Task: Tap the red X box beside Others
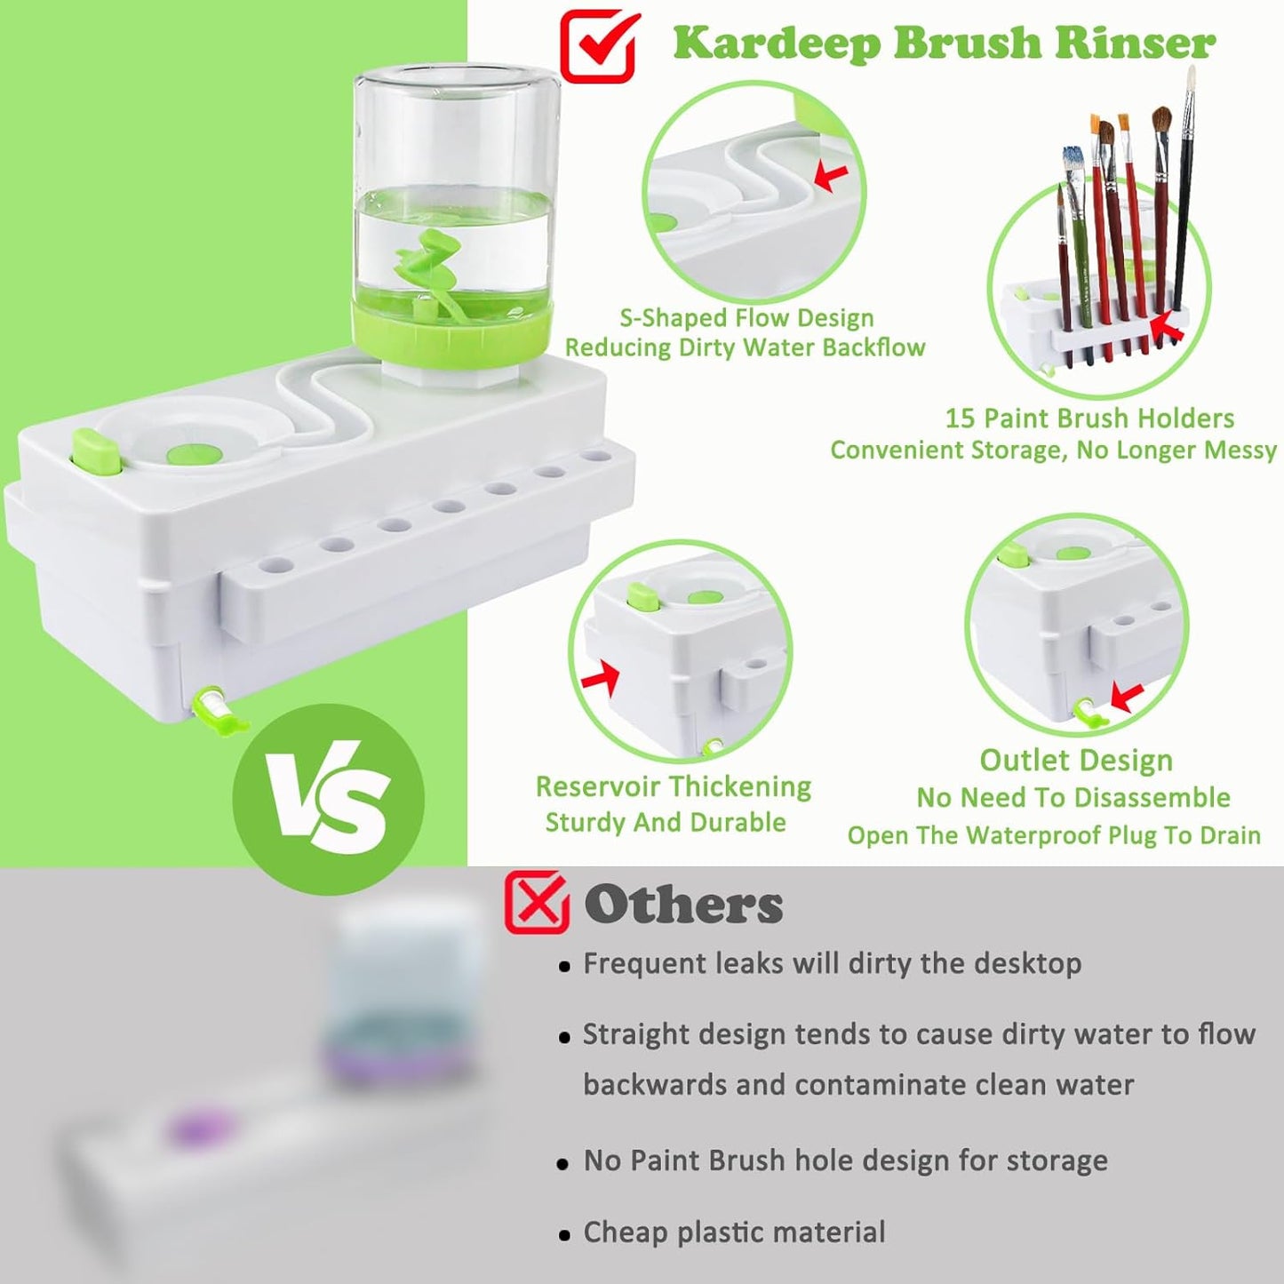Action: (536, 903)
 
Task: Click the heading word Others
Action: (683, 905)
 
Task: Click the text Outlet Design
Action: (1075, 761)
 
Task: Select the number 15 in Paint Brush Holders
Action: (960, 419)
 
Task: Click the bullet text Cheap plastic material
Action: (733, 1232)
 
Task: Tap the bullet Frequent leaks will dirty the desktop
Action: (831, 964)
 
